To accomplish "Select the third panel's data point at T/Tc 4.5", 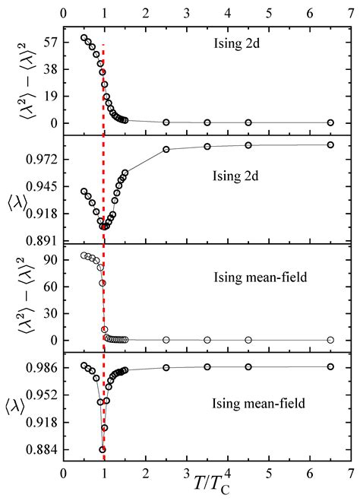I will [248, 340].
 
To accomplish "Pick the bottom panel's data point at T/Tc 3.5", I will [207, 366].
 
